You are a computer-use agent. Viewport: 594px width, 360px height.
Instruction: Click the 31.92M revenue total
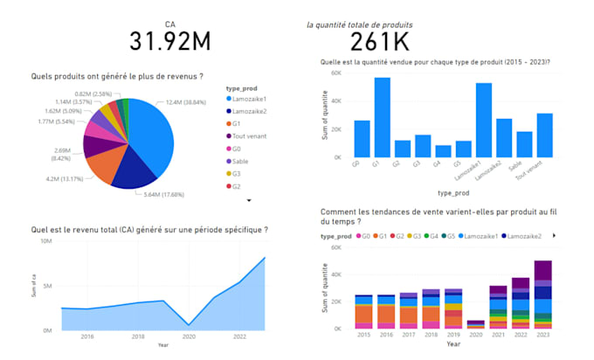pos(169,41)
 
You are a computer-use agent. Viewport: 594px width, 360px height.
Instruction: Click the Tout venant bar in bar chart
pos(544,135)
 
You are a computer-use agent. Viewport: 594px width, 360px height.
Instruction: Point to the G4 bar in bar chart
pos(443,151)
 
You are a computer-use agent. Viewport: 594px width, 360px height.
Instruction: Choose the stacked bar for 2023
pos(543,294)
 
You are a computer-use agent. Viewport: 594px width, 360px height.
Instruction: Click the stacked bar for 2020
pos(476,323)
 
